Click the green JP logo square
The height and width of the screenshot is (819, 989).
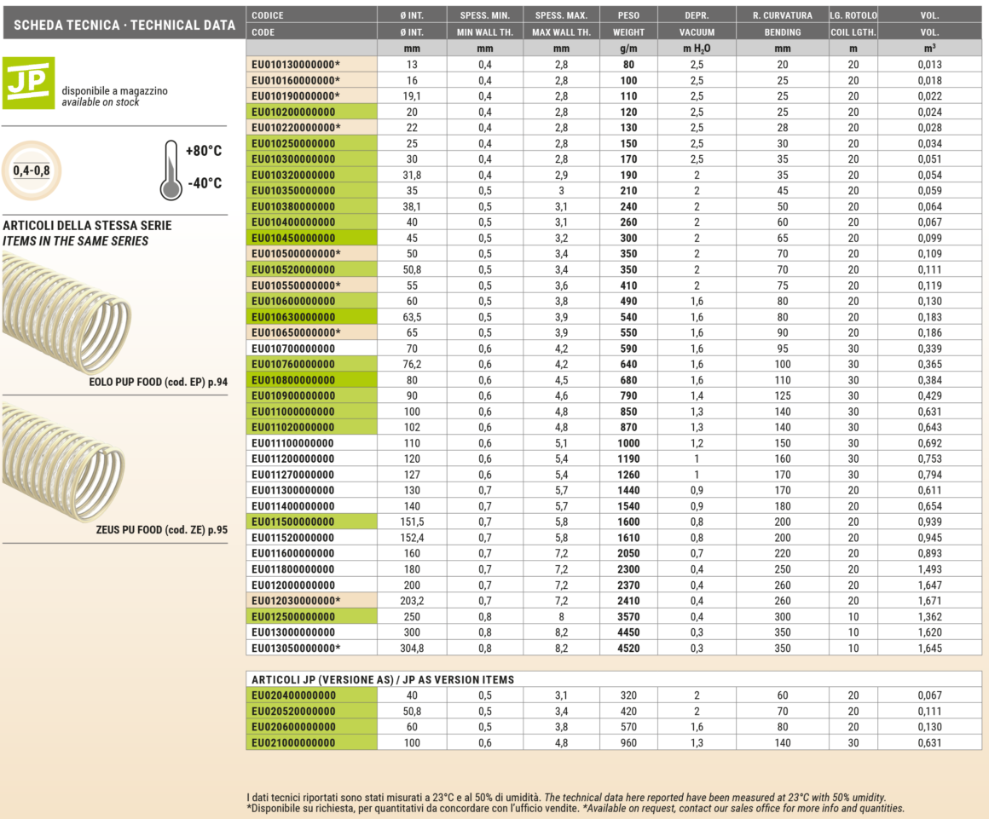29,83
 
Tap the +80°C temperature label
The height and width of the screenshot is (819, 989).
204,151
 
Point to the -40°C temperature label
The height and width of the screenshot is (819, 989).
204,183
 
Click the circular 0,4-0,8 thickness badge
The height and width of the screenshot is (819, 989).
31,170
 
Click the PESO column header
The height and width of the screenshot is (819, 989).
628,15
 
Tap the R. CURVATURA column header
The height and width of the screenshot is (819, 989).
782,15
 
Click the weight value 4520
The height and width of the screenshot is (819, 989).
628,649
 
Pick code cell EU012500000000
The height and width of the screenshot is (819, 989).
293,617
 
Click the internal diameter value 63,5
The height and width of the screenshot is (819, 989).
412,317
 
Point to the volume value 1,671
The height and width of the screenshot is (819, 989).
930,602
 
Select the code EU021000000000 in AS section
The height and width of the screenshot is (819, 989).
293,742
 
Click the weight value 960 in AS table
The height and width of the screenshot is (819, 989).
628,742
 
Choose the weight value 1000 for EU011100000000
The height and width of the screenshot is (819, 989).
628,443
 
